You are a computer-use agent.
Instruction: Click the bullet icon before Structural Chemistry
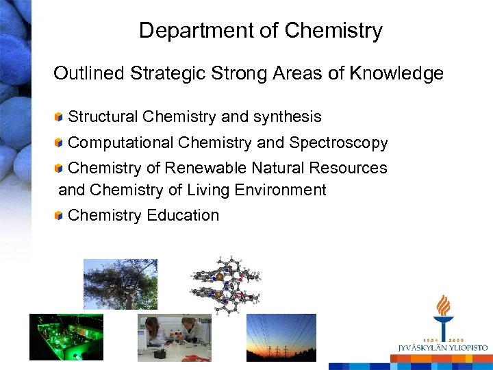tap(60, 117)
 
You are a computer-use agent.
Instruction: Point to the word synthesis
tap(287, 117)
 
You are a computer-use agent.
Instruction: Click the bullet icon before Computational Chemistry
tap(60, 143)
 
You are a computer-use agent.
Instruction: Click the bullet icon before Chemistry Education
tap(60, 215)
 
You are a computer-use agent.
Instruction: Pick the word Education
tap(186, 215)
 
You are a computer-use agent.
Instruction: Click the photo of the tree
tap(120, 284)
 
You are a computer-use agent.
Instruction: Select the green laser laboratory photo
tap(66, 336)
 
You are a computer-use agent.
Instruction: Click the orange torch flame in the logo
tap(444, 306)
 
